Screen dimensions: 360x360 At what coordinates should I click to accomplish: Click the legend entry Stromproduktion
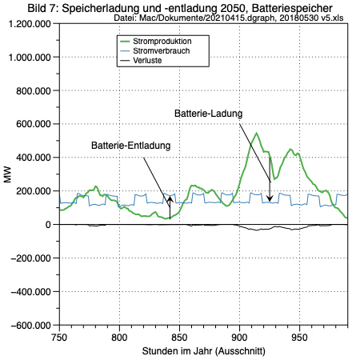click(162, 42)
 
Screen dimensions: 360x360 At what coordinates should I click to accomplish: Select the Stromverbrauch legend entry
click(162, 50)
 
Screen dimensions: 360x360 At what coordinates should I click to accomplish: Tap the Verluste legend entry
click(147, 60)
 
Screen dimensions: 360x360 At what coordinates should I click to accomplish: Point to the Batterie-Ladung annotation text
click(208, 114)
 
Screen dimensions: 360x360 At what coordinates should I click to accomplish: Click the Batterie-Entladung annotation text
click(130, 146)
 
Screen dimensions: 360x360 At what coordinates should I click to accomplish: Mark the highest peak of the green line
click(256, 133)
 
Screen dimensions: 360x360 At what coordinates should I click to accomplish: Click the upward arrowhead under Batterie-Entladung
click(170, 199)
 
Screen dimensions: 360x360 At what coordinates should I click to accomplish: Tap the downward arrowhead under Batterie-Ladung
click(270, 198)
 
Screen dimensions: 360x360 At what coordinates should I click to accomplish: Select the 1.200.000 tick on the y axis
click(30, 24)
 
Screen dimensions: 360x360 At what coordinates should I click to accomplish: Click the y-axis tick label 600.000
click(34, 124)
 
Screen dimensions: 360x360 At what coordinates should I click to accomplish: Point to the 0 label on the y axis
click(48, 225)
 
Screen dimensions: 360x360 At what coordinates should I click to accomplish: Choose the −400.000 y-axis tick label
click(30, 292)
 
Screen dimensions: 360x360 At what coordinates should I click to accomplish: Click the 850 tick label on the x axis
click(179, 338)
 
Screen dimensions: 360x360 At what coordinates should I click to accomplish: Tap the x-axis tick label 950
click(299, 338)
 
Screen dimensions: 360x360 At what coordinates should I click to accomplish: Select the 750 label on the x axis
click(59, 338)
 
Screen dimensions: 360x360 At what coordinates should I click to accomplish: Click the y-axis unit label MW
click(8, 174)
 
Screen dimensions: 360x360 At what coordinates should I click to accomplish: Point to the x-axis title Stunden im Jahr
click(178, 351)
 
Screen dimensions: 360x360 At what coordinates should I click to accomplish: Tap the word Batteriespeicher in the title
click(292, 9)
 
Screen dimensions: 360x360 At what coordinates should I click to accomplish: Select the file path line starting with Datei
click(229, 18)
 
